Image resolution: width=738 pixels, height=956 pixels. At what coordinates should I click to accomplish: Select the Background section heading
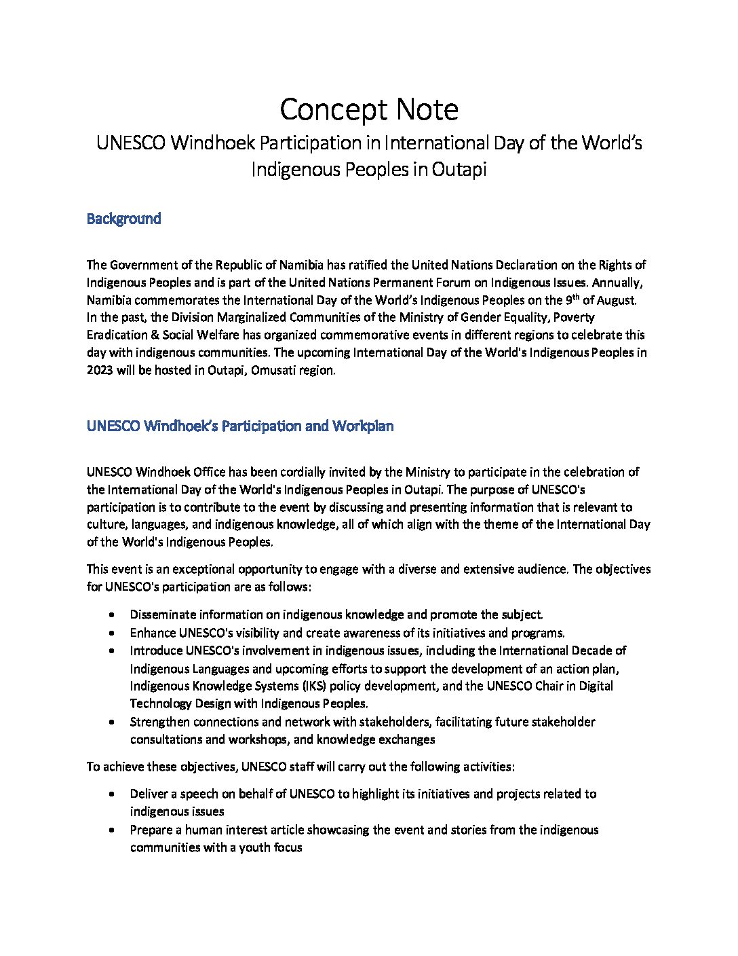(x=123, y=219)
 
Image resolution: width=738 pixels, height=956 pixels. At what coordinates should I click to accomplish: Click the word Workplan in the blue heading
(x=363, y=426)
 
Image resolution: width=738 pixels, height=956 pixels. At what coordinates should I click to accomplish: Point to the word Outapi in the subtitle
(x=459, y=169)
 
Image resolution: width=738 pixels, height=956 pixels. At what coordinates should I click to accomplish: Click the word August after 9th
(x=616, y=300)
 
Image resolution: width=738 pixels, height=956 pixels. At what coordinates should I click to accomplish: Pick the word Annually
(x=619, y=282)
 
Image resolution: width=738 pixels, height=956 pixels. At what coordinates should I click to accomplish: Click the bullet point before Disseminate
(x=111, y=615)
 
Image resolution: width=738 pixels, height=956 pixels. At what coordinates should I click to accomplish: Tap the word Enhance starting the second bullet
(x=153, y=633)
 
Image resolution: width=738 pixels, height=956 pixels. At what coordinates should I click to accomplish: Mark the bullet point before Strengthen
(x=111, y=722)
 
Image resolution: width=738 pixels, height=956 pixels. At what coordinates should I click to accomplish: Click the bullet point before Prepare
(x=111, y=830)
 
